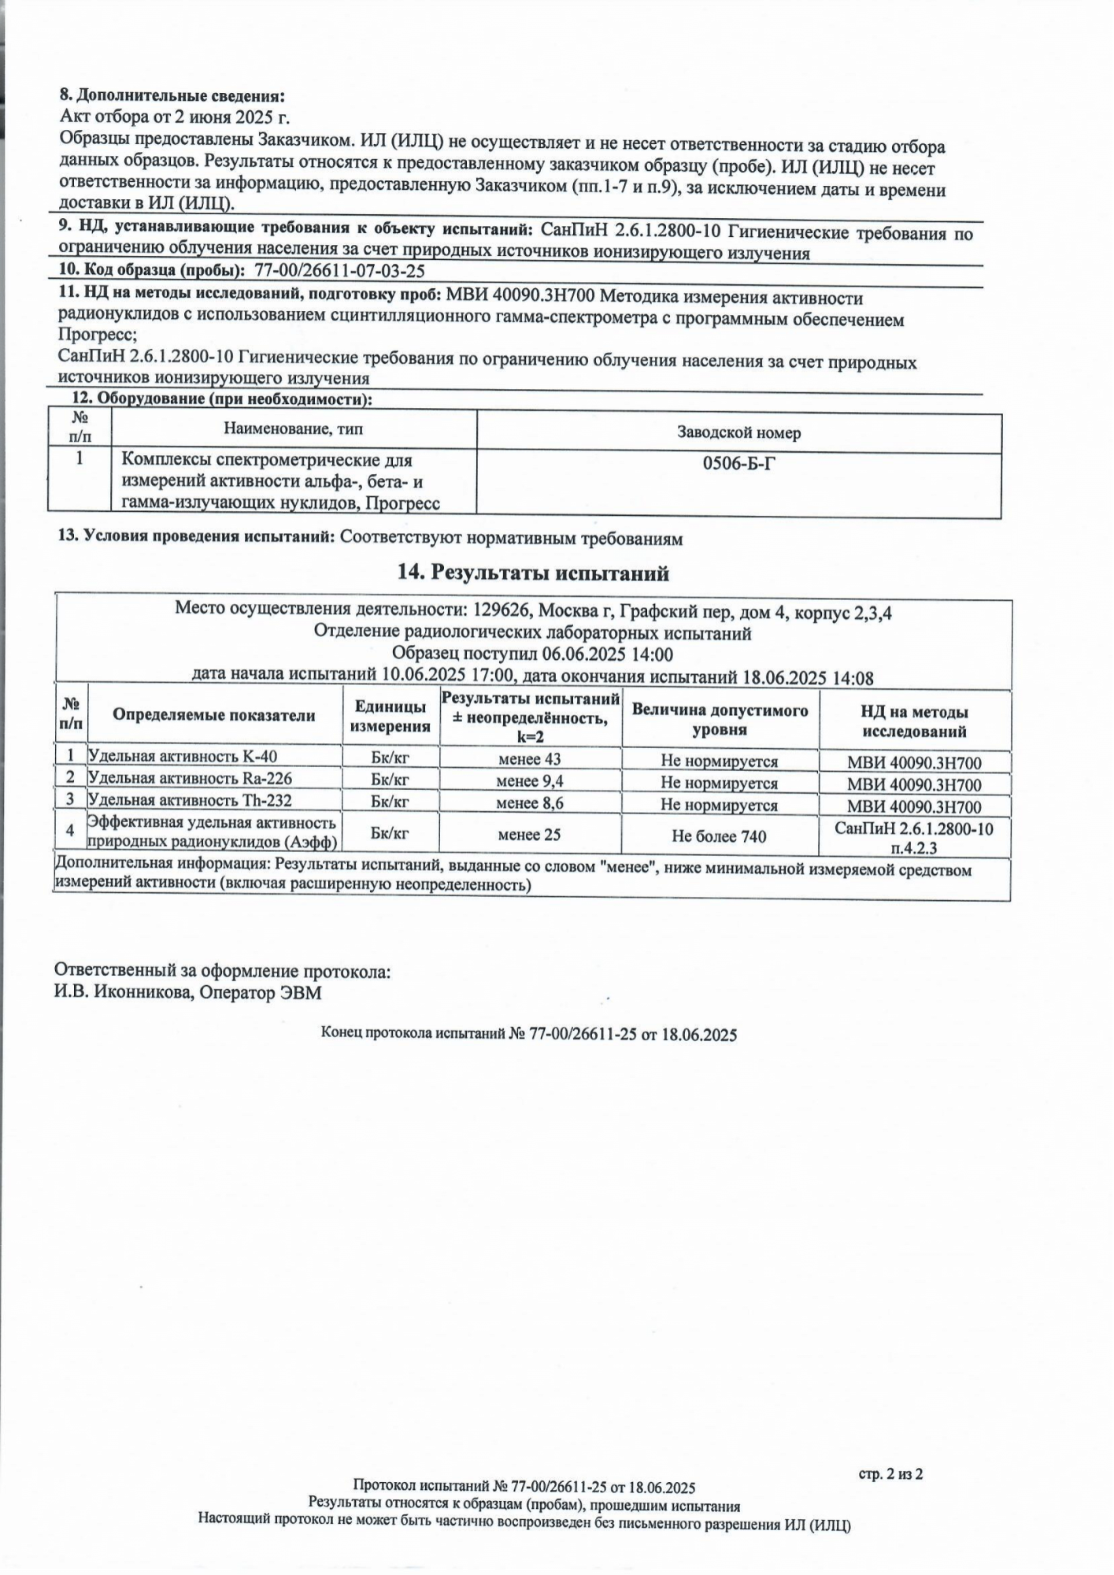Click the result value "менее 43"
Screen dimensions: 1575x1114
coord(529,759)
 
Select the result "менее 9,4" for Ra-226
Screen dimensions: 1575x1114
coord(529,781)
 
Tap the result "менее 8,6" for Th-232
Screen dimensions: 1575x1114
coord(529,803)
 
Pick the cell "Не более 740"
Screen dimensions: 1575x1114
coord(719,836)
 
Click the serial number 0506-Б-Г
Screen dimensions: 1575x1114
coord(738,463)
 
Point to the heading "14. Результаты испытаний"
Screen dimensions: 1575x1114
coord(533,573)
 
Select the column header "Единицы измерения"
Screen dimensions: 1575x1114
coord(390,717)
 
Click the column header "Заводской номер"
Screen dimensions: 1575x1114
coord(738,432)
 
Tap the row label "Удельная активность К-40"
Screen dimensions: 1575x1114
coord(183,757)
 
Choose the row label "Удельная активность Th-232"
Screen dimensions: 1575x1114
coord(190,801)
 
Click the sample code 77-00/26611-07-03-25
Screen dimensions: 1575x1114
coord(340,271)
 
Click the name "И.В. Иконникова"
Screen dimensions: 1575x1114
coord(123,992)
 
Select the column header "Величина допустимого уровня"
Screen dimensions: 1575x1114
coord(720,720)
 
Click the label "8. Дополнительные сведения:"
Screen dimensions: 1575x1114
coord(172,96)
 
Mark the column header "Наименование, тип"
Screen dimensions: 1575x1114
coord(293,429)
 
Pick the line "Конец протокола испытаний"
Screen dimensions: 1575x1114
coord(528,1035)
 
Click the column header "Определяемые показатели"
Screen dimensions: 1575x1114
coord(213,715)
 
